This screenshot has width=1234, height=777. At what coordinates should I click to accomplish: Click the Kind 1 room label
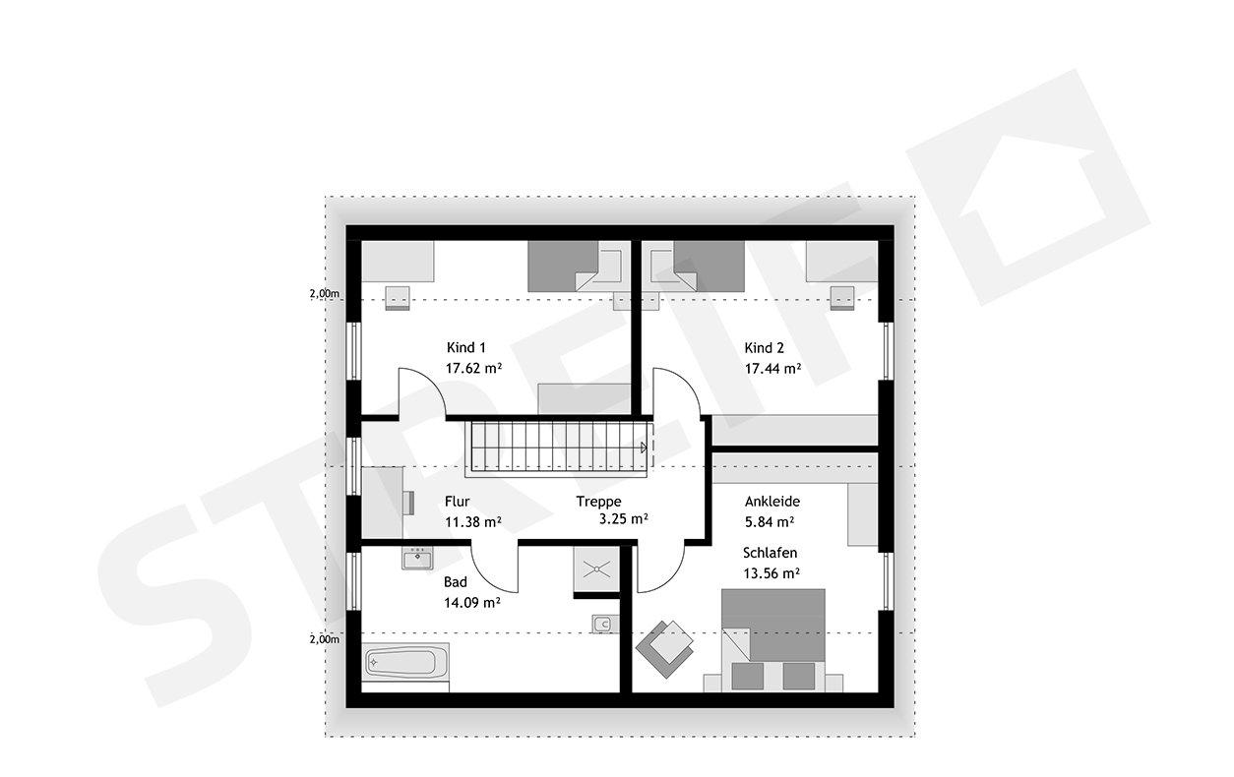tap(466, 347)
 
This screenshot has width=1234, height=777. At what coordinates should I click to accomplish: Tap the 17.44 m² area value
tap(772, 369)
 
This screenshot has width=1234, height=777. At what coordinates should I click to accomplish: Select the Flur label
tap(457, 501)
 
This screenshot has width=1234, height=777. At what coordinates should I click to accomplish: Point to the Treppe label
tap(599, 501)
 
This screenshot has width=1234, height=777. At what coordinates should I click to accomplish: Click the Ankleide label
tap(772, 501)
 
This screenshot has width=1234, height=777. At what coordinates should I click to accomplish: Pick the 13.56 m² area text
tap(771, 572)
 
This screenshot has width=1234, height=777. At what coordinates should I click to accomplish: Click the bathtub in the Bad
tap(406, 661)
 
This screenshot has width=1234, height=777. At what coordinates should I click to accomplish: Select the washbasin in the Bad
tap(417, 559)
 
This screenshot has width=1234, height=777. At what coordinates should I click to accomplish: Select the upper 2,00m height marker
tap(324, 294)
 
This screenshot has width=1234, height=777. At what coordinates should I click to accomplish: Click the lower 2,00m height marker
tap(324, 639)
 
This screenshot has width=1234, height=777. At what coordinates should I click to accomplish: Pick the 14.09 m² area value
tap(472, 603)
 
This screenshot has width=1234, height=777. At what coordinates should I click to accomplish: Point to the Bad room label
tap(455, 582)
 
